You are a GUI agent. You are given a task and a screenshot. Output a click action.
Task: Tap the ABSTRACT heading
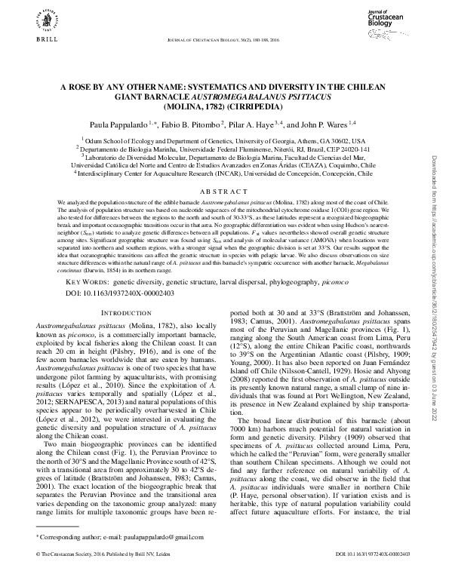coord(224,192)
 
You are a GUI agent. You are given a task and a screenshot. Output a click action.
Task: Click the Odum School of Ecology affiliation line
coord(223,141)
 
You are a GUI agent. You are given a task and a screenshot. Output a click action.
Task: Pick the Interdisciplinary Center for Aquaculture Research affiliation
coord(223,173)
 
